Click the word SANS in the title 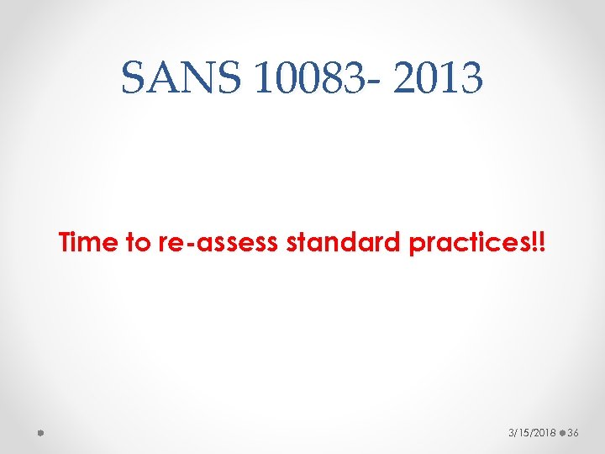(179, 79)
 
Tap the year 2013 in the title (439, 79)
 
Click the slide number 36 (574, 432)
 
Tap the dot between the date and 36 (560, 432)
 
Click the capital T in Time (66, 244)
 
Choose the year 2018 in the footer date (542, 432)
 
